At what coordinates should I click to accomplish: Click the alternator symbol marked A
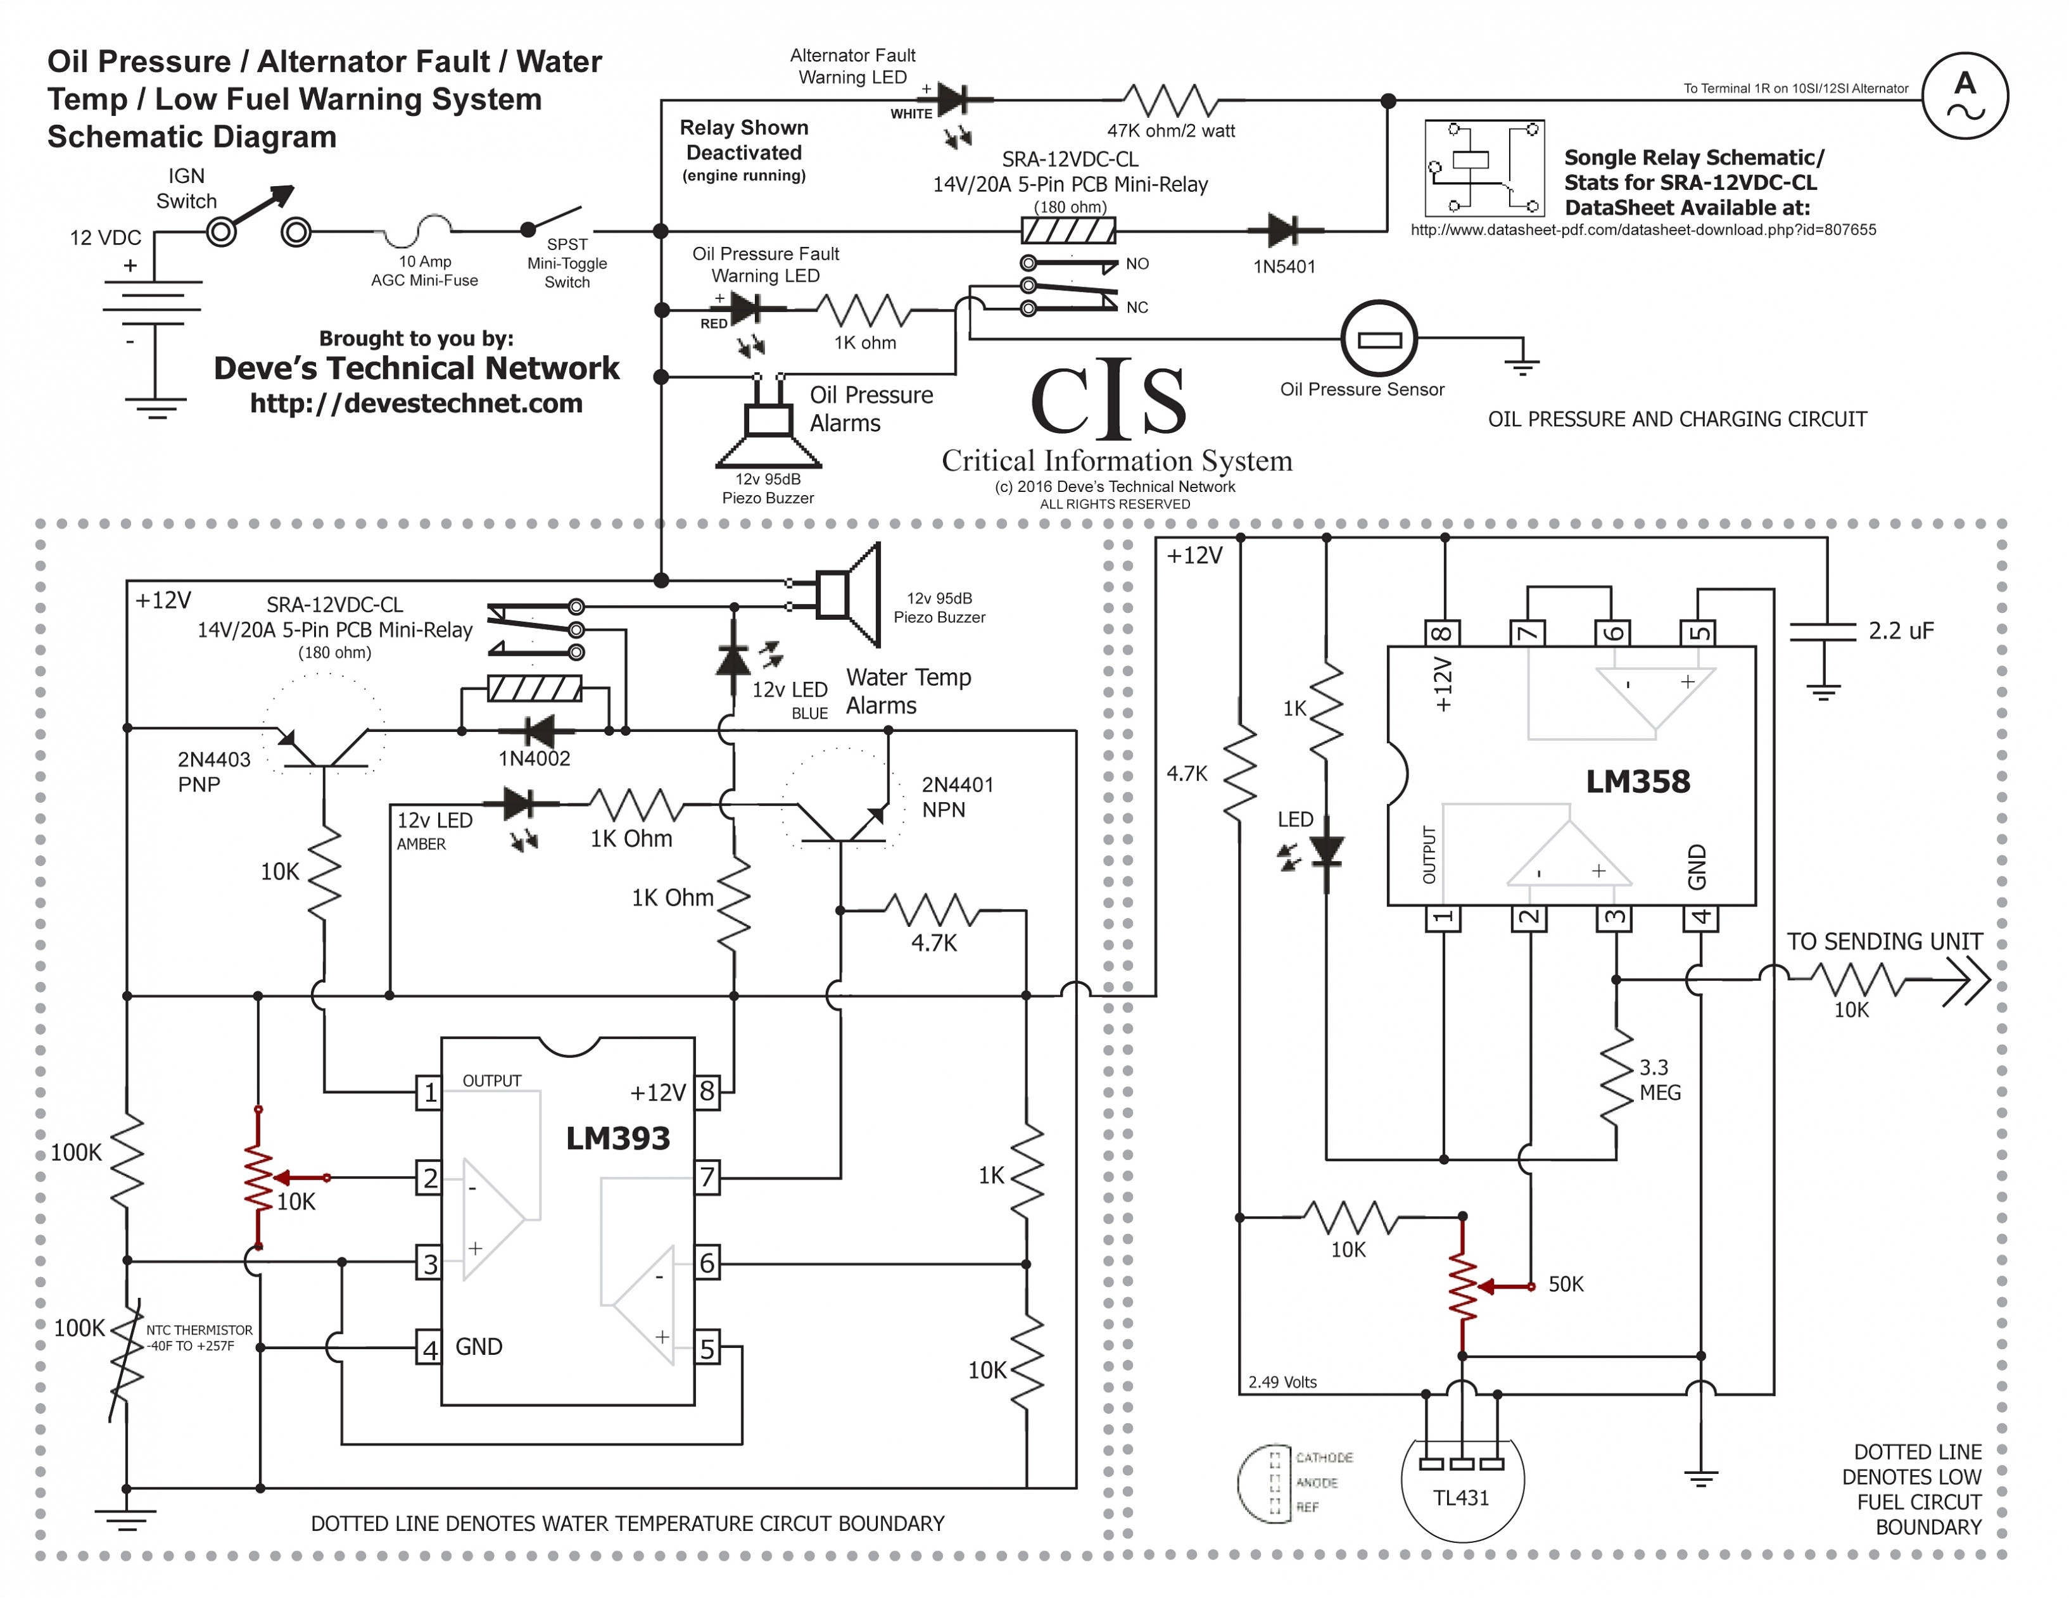click(1965, 96)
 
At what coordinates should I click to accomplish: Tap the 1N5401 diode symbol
click(1284, 229)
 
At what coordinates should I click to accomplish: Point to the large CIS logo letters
click(1108, 401)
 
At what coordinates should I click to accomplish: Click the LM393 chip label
click(617, 1138)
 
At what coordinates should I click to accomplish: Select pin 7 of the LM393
click(707, 1178)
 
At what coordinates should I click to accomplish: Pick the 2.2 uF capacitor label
click(1901, 631)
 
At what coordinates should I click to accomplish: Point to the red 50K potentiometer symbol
click(1463, 1287)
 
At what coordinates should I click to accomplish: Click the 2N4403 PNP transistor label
click(214, 772)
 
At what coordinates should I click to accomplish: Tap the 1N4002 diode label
click(535, 758)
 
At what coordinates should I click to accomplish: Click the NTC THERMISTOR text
click(199, 1331)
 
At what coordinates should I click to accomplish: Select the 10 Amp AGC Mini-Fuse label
click(424, 271)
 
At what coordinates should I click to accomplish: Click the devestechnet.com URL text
click(416, 403)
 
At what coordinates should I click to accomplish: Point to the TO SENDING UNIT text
click(1884, 941)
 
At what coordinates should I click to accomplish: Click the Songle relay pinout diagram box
click(1484, 168)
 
